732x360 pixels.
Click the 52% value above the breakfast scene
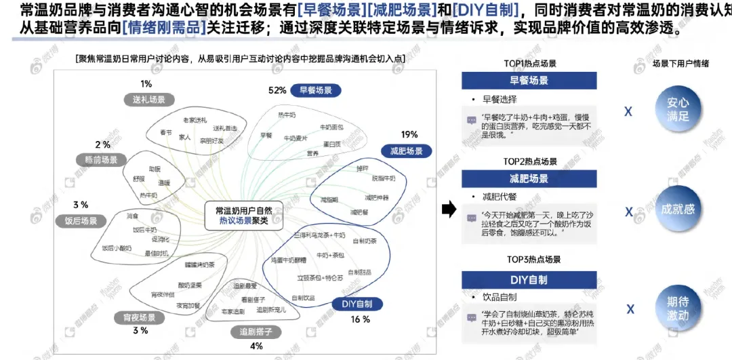tap(277, 90)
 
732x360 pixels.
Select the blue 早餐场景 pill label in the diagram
tap(315, 90)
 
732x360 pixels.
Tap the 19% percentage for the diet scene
tap(409, 134)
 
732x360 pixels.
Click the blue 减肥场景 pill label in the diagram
tap(407, 151)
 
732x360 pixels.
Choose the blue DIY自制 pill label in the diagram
tap(352, 304)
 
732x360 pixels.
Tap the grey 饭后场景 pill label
tap(81, 220)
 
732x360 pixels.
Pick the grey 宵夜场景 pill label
tap(139, 317)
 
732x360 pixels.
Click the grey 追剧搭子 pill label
tap(256, 332)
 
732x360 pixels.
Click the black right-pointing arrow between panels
tap(448, 209)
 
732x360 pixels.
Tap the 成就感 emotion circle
tap(678, 209)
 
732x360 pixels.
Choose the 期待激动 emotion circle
tap(678, 308)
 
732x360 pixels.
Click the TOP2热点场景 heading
tap(531, 161)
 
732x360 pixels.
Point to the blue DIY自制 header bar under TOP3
tap(529, 280)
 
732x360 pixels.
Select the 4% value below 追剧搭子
tap(256, 346)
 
